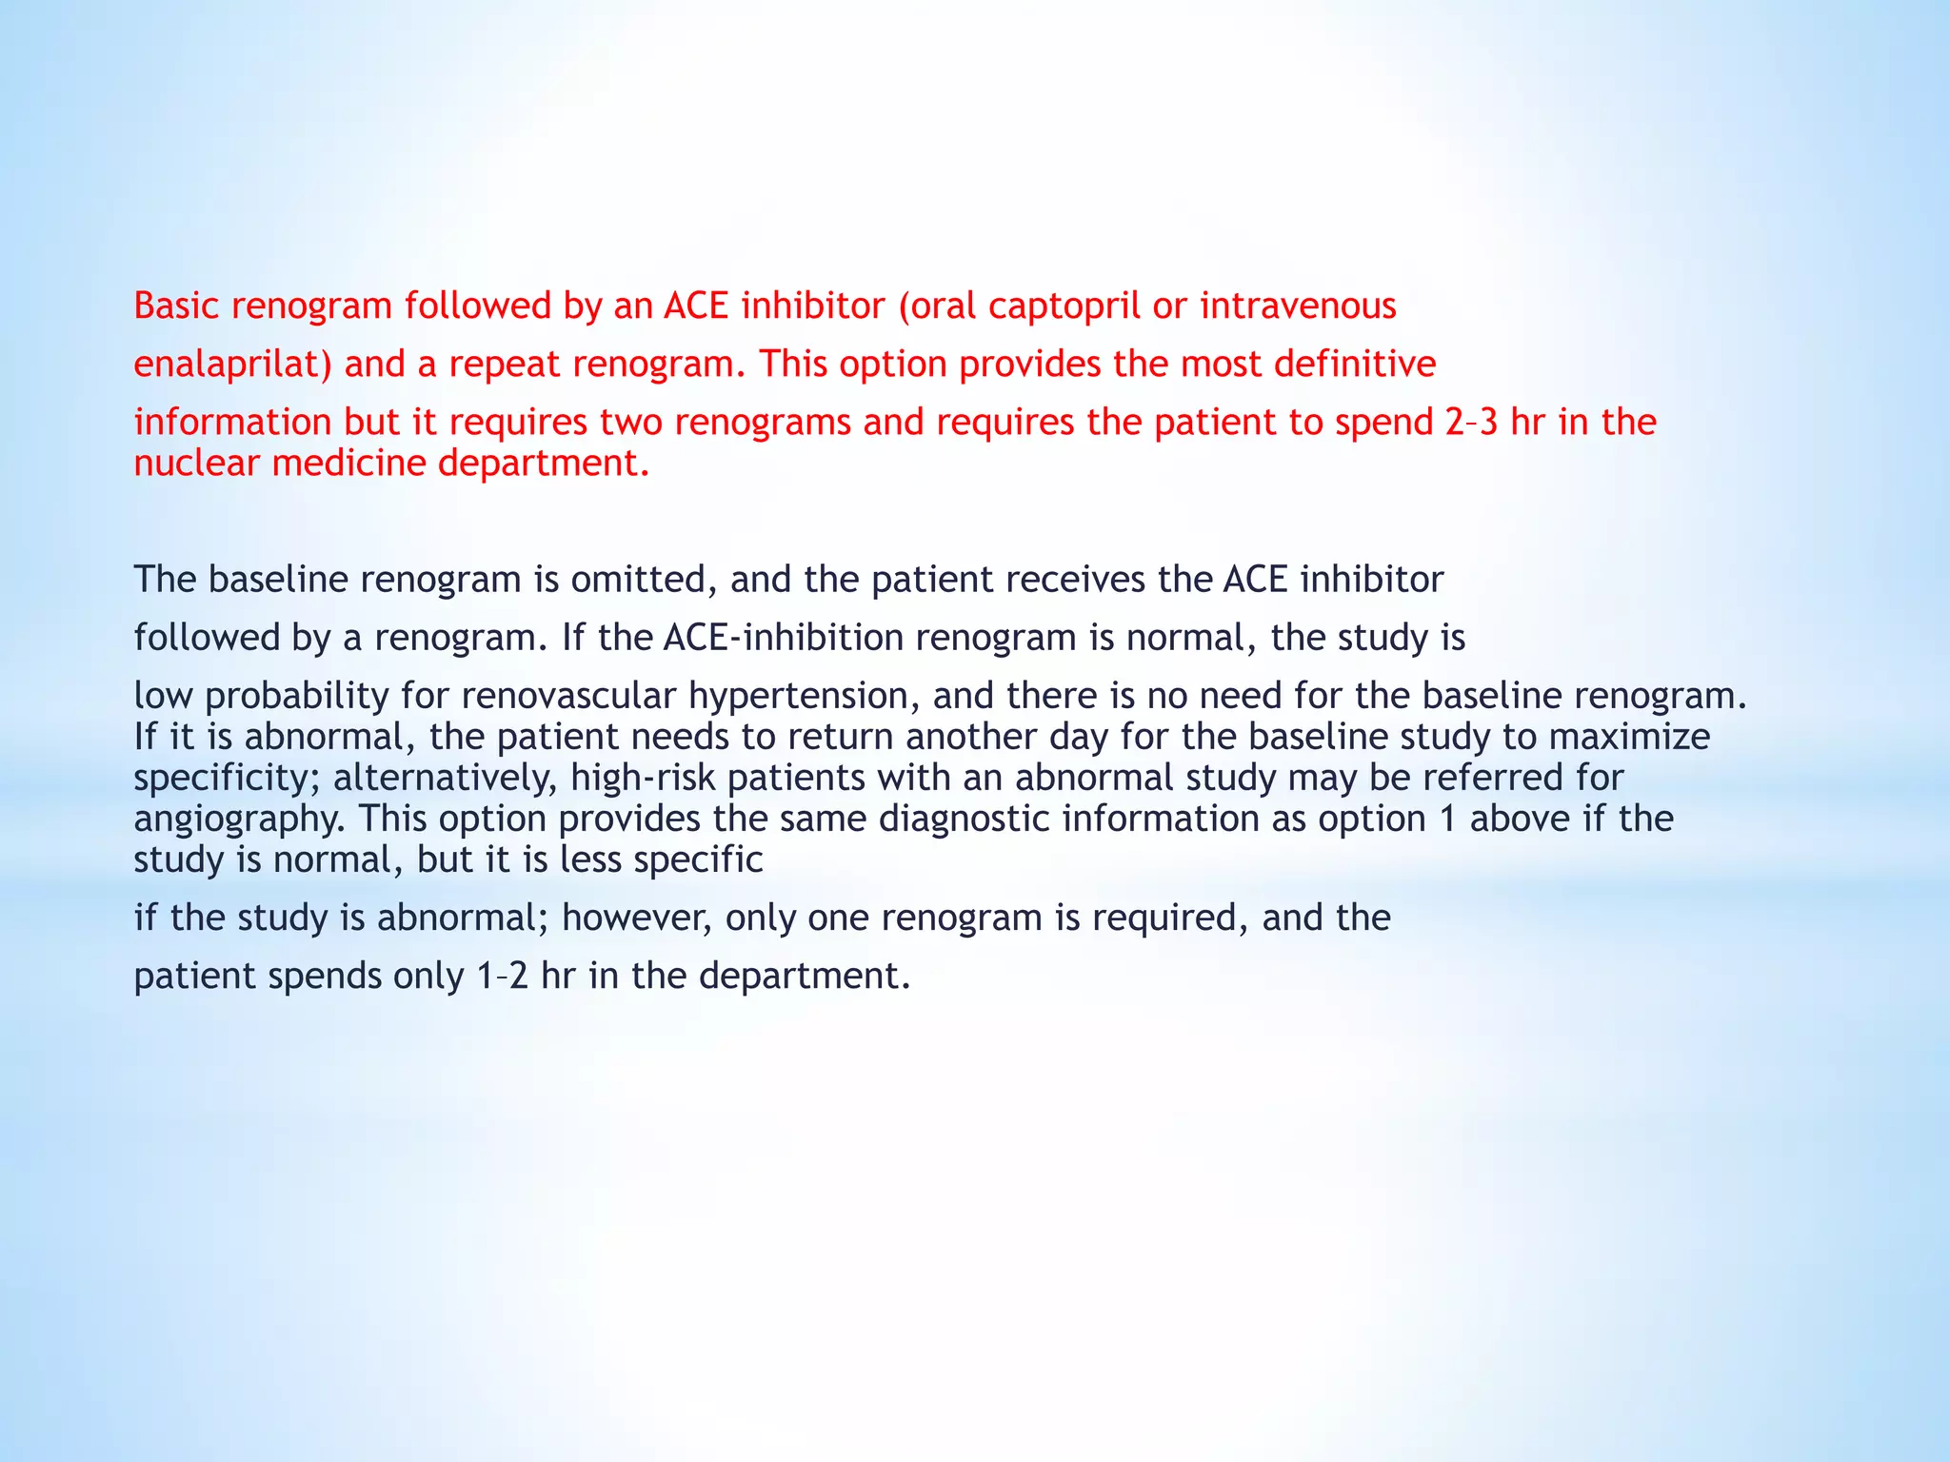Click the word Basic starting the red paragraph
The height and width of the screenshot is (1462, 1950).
(176, 306)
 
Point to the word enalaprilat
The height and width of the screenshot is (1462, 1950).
(232, 365)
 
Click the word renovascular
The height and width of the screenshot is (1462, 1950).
(538, 696)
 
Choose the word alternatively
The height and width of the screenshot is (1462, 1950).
(445, 779)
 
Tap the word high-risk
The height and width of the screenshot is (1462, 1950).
(643, 779)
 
